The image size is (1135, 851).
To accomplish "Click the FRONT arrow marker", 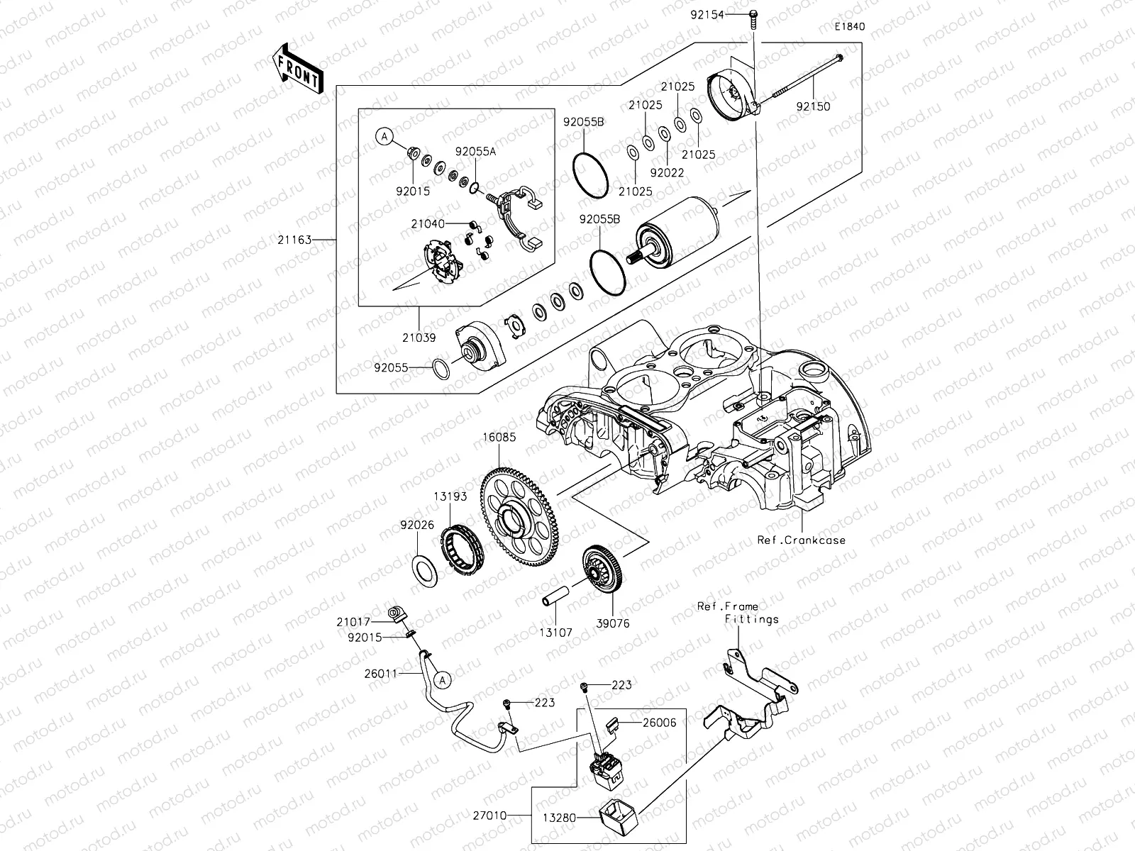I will click(x=297, y=69).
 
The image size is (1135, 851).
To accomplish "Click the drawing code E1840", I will click(x=849, y=27).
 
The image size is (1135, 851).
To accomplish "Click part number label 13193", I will click(x=450, y=496).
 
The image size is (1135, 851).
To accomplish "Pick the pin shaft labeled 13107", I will click(x=556, y=600).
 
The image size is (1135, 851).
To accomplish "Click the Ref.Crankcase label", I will click(x=802, y=540).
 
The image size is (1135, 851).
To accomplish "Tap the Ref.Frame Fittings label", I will click(x=737, y=613).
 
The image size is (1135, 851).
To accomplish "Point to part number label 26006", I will click(x=660, y=723).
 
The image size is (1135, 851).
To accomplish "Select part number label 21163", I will click(x=294, y=240).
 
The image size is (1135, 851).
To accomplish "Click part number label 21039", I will click(x=420, y=339).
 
